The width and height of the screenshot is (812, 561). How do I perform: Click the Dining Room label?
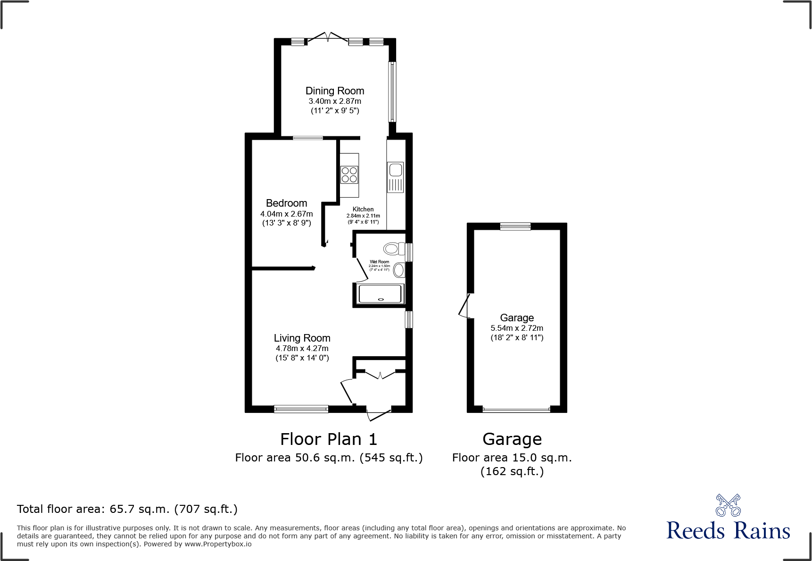335,91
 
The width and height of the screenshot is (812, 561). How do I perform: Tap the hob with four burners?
349,175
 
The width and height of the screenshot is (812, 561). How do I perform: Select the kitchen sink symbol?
396,177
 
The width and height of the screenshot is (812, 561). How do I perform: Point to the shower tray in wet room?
380,294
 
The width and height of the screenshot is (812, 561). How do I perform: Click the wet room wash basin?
399,270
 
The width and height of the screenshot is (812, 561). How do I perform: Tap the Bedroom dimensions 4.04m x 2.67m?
287,214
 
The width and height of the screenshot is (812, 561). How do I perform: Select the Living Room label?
302,338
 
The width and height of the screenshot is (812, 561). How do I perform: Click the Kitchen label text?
363,209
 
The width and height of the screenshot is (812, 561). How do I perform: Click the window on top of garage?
515,226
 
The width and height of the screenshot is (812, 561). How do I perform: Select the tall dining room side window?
392,92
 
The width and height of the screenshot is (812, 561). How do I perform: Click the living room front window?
301,409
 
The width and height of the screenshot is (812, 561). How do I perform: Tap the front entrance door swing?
378,415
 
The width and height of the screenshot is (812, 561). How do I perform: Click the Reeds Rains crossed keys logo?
728,505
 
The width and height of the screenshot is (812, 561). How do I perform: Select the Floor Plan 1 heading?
329,439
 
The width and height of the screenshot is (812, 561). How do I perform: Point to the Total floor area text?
127,509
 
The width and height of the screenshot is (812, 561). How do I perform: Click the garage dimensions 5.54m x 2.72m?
517,328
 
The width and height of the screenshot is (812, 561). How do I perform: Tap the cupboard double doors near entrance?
380,375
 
